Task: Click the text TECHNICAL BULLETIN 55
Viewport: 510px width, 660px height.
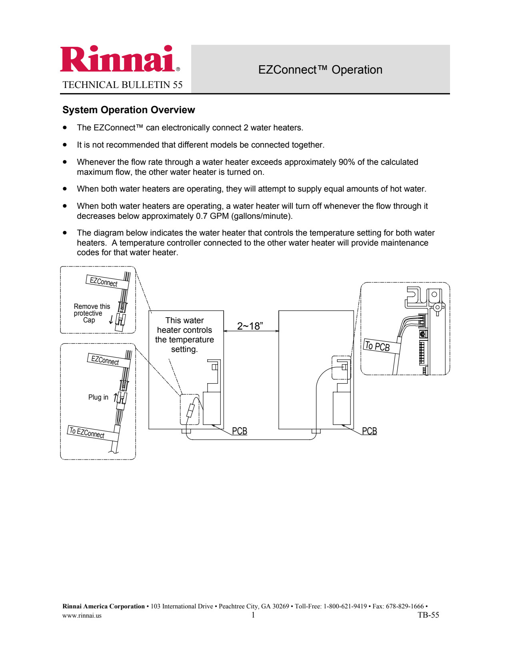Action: coord(122,85)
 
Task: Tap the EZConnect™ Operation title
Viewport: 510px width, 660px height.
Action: coord(320,70)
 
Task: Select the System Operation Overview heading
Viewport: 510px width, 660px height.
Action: coord(128,110)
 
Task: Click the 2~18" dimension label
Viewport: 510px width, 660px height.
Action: coord(250,326)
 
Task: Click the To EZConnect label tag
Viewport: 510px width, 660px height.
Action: coord(87,432)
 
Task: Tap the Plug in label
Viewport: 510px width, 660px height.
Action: coord(98,397)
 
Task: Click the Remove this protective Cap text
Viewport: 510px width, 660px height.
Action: coord(91,313)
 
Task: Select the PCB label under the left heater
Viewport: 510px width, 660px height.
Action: coord(240,431)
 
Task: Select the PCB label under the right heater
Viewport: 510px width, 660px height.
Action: coord(369,431)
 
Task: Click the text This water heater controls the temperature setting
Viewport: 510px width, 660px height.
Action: coord(184,335)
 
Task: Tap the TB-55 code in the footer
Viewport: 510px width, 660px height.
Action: coord(428,615)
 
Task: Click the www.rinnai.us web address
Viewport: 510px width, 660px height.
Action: coord(82,616)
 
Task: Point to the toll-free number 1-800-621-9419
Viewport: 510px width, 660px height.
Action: coord(345,606)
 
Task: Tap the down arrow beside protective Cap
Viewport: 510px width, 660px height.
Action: coord(111,320)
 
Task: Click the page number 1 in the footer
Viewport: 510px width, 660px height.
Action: coord(253,615)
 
